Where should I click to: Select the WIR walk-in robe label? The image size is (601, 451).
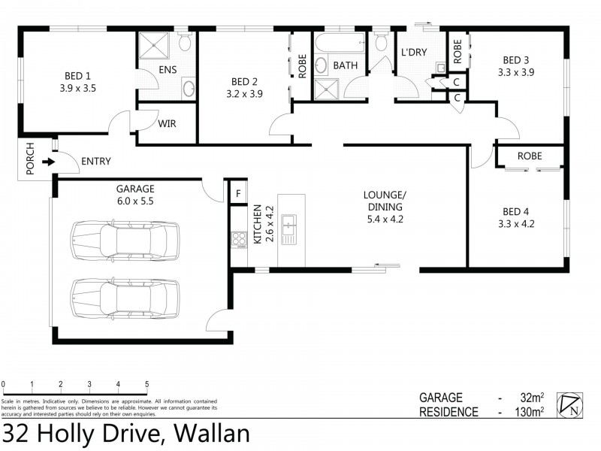click(x=167, y=123)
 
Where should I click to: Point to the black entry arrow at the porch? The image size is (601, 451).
click(x=48, y=161)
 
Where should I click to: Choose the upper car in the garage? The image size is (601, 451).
click(x=125, y=240)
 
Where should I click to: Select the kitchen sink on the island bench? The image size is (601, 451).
click(x=288, y=229)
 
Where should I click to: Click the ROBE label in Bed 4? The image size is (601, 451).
click(x=530, y=156)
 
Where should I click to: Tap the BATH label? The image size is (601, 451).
click(x=345, y=65)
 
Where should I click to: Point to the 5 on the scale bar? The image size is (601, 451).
click(x=146, y=383)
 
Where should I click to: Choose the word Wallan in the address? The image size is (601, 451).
click(x=211, y=434)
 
